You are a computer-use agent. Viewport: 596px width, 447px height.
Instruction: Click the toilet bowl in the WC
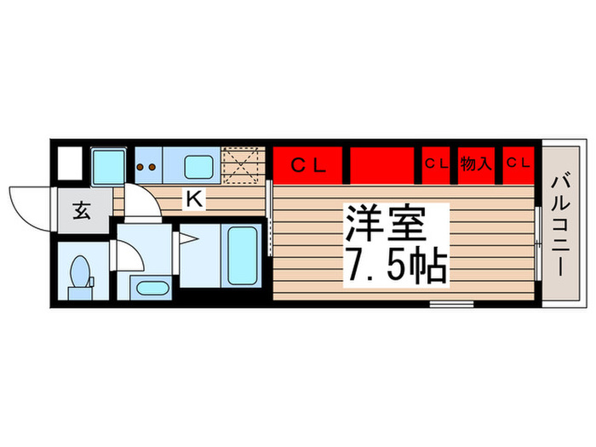point(80,271)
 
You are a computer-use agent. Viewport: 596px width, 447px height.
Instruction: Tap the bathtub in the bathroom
point(242,255)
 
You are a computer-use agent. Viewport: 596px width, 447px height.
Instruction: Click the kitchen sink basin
point(198,167)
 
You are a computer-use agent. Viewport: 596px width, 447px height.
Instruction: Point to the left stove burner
point(140,167)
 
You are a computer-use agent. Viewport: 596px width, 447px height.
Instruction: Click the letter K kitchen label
point(195,198)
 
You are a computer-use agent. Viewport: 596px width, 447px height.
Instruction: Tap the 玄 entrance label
point(82,211)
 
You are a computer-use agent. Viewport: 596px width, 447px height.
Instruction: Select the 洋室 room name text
point(385,223)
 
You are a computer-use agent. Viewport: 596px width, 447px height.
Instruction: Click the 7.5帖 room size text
point(395,265)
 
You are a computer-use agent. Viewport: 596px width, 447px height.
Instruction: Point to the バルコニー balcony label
point(560,226)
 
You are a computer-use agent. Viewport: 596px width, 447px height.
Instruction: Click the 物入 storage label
point(476,163)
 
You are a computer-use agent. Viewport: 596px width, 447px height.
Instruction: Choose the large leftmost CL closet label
point(308,165)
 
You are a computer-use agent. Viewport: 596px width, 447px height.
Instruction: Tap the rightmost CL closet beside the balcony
point(518,163)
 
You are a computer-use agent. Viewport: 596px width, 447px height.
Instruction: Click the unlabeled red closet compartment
point(381,165)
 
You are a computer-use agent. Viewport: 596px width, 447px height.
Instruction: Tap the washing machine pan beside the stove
point(109,167)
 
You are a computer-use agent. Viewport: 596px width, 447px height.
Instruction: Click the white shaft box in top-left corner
point(70,163)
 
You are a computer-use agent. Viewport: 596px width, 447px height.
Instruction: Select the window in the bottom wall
point(451,304)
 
